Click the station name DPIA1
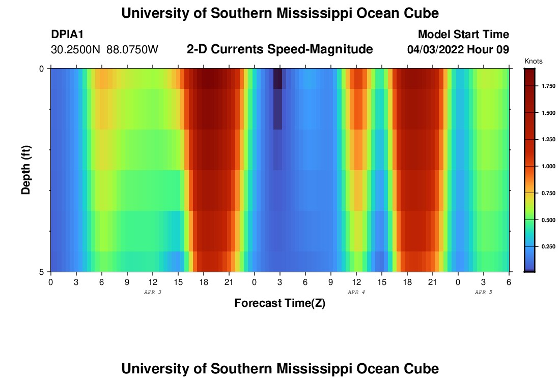[67, 35]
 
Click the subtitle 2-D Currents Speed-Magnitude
[280, 49]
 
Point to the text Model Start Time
[463, 35]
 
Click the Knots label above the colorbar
[533, 61]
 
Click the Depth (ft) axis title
[26, 170]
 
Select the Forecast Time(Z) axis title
[279, 303]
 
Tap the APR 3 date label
[153, 292]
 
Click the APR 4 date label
[356, 292]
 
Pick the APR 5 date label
[484, 292]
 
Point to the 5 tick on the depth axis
[41, 272]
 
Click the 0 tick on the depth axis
[41, 69]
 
